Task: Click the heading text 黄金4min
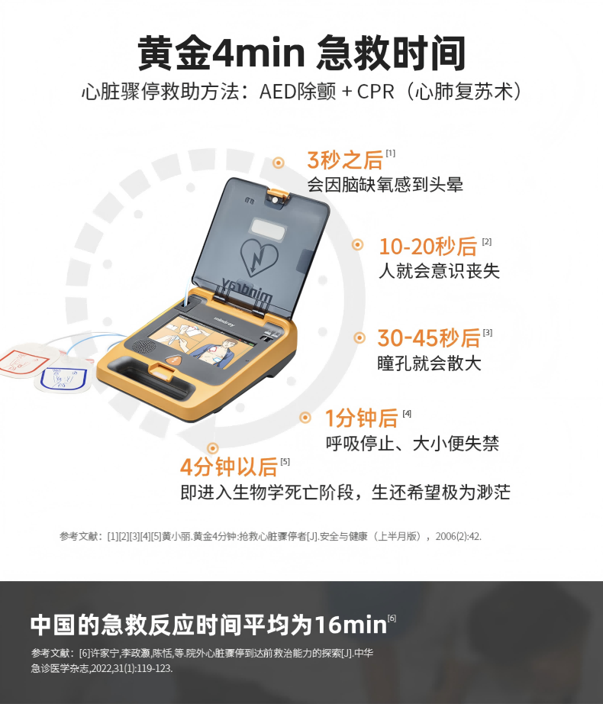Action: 221,53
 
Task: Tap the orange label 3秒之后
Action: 344,160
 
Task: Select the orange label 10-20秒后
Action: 428,247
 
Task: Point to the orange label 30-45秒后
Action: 428,338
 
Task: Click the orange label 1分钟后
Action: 362,418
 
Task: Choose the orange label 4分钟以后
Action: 229,467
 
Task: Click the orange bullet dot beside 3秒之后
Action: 279,163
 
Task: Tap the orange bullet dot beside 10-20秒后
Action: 357,244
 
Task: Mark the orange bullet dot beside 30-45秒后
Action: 360,337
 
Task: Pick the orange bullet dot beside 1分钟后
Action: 305,418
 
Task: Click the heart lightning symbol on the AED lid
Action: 259,259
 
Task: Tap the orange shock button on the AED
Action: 174,360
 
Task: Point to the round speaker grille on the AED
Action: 143,346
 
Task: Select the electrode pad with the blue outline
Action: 63,379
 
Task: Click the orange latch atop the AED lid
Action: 278,196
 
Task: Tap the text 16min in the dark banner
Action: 350,625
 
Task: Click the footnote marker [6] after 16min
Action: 392,618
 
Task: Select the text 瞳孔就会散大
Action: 429,363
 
